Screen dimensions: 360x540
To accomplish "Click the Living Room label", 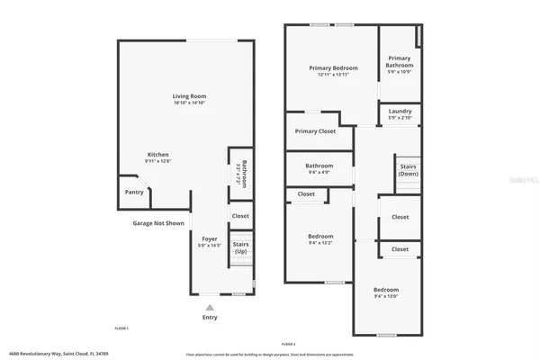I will tap(190, 96).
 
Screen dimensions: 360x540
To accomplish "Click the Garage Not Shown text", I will tap(158, 222).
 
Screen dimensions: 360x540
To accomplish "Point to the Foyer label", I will tap(209, 238).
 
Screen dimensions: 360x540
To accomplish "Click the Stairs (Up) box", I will tap(240, 247).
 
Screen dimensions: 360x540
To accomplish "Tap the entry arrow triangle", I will tap(211, 306).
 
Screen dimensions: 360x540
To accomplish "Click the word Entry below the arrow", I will tap(211, 318).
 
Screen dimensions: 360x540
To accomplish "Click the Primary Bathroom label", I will tap(400, 62).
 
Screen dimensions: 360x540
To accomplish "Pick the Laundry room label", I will tap(400, 112).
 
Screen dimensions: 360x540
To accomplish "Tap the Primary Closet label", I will tap(315, 131).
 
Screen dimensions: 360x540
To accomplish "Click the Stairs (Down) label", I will tap(409, 170).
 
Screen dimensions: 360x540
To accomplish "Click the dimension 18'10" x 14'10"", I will tap(190, 103).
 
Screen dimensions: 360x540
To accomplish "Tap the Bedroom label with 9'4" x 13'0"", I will tap(387, 289).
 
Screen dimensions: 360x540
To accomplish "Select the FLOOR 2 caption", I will tap(288, 345).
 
